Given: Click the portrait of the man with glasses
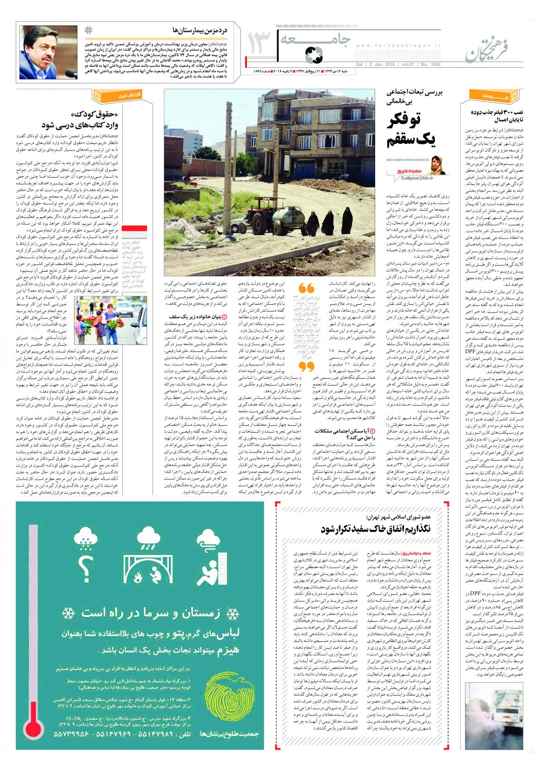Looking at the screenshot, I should [48, 52].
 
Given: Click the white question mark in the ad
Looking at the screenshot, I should [84, 564].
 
